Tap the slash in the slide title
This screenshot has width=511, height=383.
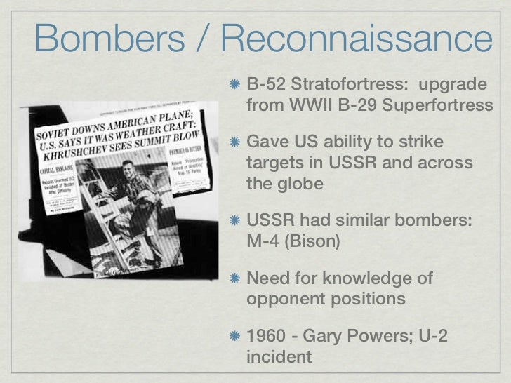point(204,38)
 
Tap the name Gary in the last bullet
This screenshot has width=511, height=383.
point(329,337)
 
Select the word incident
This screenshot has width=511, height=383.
point(279,357)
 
